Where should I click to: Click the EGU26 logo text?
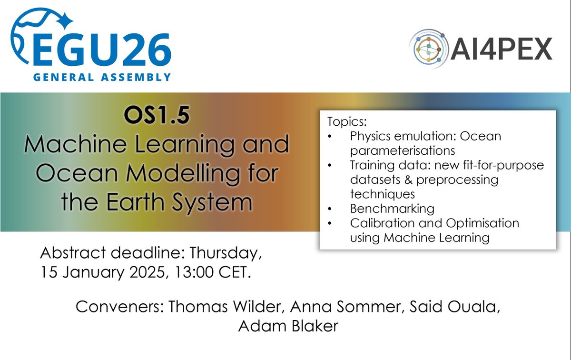click(x=102, y=51)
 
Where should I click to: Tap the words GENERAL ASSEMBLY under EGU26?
click(x=102, y=77)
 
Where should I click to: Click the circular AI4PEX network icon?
click(x=430, y=47)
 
